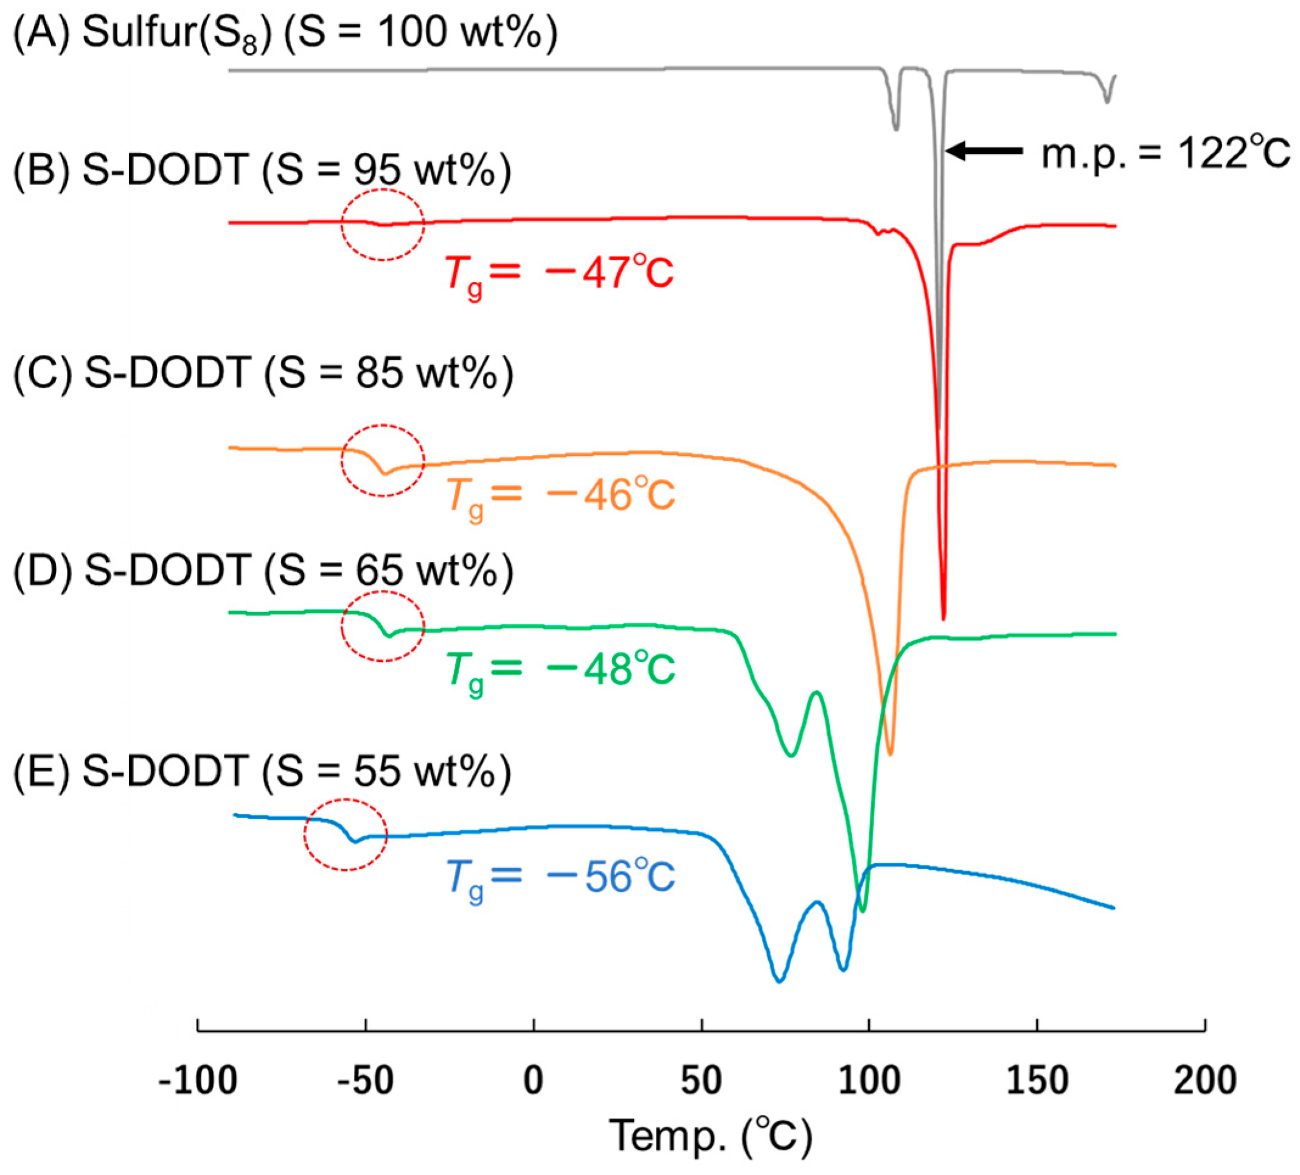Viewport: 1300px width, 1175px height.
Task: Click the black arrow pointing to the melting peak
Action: pos(984,151)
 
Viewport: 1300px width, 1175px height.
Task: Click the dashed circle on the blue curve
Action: pos(346,834)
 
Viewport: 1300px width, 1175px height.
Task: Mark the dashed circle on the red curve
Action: pos(383,225)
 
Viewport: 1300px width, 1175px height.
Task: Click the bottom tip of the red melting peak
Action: pos(944,618)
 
